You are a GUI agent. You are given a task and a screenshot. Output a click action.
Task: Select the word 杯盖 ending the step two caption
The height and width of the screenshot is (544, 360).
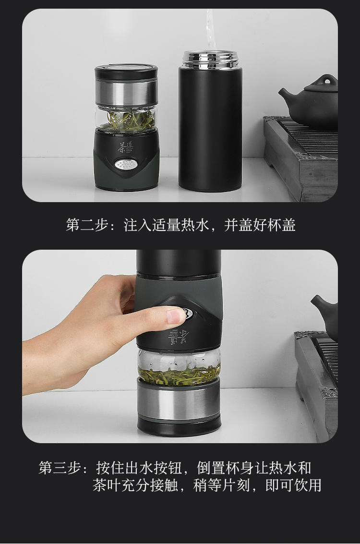(281, 225)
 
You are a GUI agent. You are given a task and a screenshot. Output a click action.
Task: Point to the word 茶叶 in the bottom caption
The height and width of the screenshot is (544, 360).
(107, 485)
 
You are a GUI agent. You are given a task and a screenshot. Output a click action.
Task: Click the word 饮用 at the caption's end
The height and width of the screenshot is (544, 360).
(307, 485)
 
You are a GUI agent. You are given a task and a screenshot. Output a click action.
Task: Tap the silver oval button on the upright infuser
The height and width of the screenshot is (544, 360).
(126, 164)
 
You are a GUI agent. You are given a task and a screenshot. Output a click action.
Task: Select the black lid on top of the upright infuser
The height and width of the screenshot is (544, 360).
(126, 71)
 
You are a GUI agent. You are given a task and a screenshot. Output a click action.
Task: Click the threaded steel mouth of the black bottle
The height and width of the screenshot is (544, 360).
(211, 59)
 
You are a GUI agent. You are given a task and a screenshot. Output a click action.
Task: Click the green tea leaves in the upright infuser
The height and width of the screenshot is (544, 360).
(131, 120)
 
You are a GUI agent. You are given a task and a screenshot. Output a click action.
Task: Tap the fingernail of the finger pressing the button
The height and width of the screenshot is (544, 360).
(176, 316)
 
